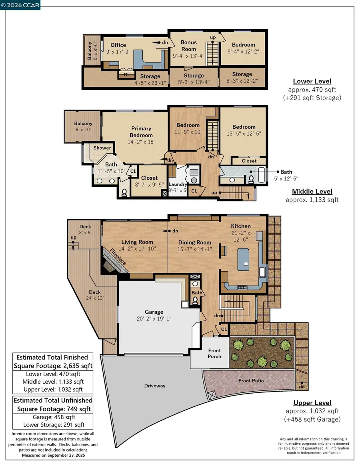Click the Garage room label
click(154, 312)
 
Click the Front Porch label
click(214, 353)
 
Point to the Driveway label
click(154, 386)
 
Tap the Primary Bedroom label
click(141, 132)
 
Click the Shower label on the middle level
click(102, 148)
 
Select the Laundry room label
click(178, 184)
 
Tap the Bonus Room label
click(188, 46)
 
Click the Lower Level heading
click(312, 81)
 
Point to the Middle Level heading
click(312, 191)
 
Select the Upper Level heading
click(312, 403)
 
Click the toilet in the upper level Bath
click(196, 300)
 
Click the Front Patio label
click(251, 380)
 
